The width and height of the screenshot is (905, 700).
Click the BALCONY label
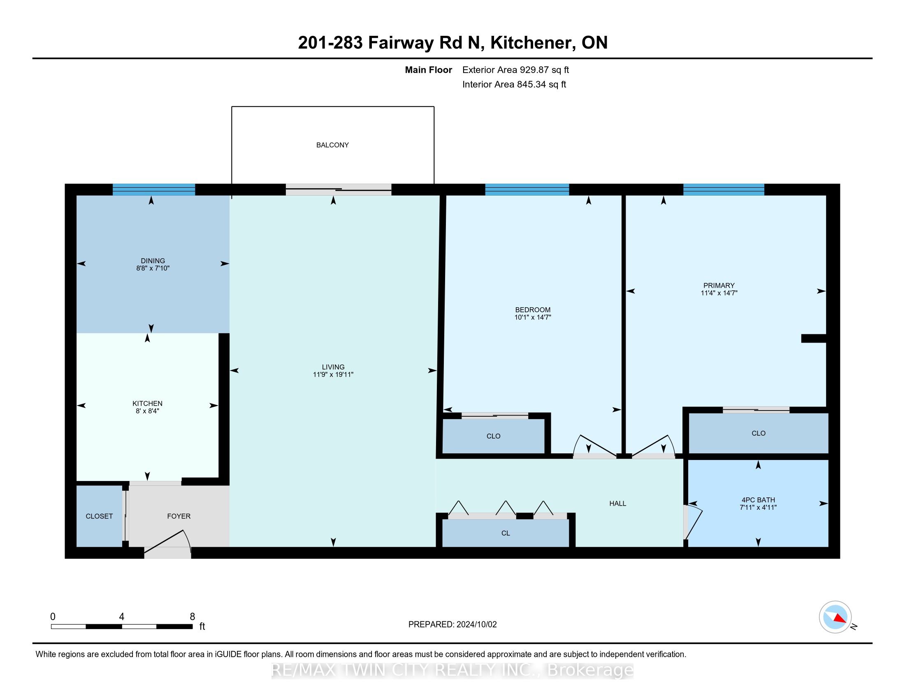(332, 145)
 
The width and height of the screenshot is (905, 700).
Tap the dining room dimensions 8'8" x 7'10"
(153, 268)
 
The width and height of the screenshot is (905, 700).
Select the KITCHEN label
(148, 404)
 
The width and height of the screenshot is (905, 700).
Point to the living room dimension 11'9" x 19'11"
(333, 374)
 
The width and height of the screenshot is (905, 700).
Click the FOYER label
(179, 516)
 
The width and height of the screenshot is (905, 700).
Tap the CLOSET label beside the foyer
(100, 516)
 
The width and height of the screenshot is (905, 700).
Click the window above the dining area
(154, 189)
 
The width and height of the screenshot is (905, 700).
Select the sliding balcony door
(339, 189)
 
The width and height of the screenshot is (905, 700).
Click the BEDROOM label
(533, 310)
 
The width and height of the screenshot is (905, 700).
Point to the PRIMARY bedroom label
(719, 285)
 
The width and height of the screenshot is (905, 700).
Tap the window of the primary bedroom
(724, 189)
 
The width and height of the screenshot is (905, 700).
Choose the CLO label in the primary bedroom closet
(759, 433)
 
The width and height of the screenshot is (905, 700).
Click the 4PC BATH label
(758, 500)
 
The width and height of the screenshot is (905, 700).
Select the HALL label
(618, 504)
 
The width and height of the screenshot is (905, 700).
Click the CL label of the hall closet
(506, 533)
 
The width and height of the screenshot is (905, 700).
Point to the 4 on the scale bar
(121, 617)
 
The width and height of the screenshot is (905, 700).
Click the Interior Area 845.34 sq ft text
(514, 84)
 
